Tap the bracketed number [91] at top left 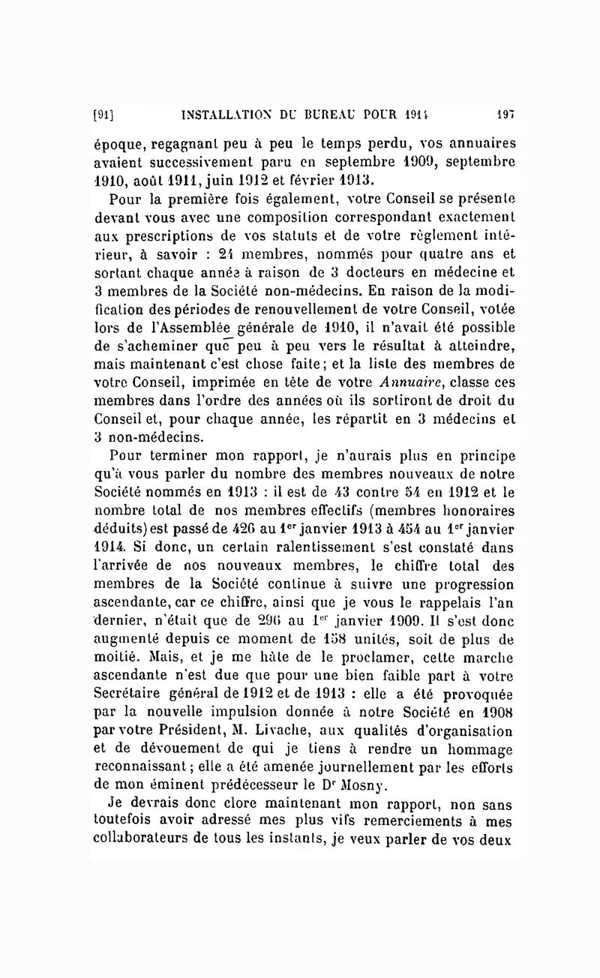tap(103, 115)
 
